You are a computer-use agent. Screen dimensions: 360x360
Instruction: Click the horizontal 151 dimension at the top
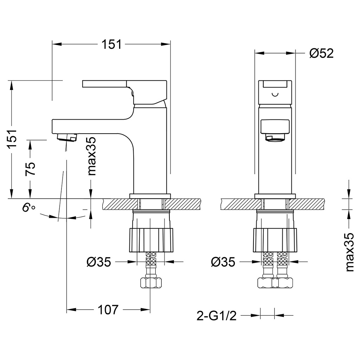pyautogui.click(x=111, y=45)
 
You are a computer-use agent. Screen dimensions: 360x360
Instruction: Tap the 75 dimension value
pyautogui.click(x=31, y=169)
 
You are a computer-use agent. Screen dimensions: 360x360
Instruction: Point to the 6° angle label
pyautogui.click(x=28, y=207)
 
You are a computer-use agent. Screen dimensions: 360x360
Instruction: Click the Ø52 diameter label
pyautogui.click(x=321, y=53)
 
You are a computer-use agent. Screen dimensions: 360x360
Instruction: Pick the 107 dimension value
pyautogui.click(x=107, y=310)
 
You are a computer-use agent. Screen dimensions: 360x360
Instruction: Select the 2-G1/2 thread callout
pyautogui.click(x=217, y=316)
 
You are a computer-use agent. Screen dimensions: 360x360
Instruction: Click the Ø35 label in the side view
pyautogui.click(x=99, y=262)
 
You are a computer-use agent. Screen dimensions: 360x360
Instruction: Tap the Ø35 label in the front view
pyautogui.click(x=223, y=262)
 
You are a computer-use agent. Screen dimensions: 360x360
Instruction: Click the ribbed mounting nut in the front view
pyautogui.click(x=275, y=240)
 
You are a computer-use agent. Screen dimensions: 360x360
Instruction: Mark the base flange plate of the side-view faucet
pyautogui.click(x=150, y=196)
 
